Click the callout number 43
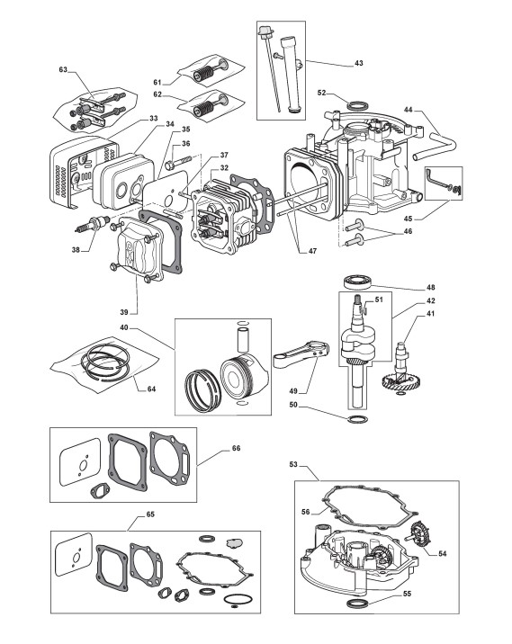tap(359, 63)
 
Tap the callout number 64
tap(152, 389)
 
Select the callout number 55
tap(408, 594)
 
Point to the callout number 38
tap(76, 249)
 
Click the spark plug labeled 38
tap(93, 223)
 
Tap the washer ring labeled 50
tap(357, 419)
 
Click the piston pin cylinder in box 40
tap(243, 339)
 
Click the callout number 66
tap(237, 448)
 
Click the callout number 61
tap(157, 83)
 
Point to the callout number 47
tap(313, 251)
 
